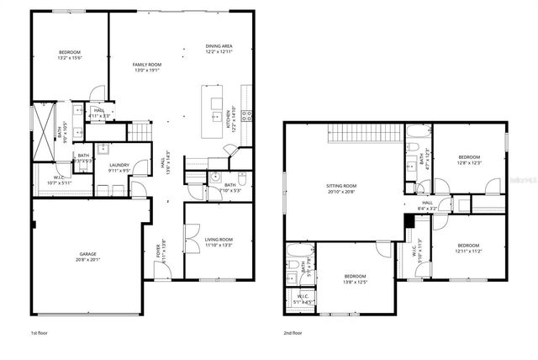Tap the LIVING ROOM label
click(x=219, y=239)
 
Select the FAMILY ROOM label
click(x=147, y=64)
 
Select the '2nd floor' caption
click(x=293, y=332)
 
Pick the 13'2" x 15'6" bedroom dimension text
click(x=71, y=58)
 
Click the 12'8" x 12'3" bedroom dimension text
click(x=469, y=162)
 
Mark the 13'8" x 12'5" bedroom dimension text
click(x=355, y=280)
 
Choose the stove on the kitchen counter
click(x=245, y=117)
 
